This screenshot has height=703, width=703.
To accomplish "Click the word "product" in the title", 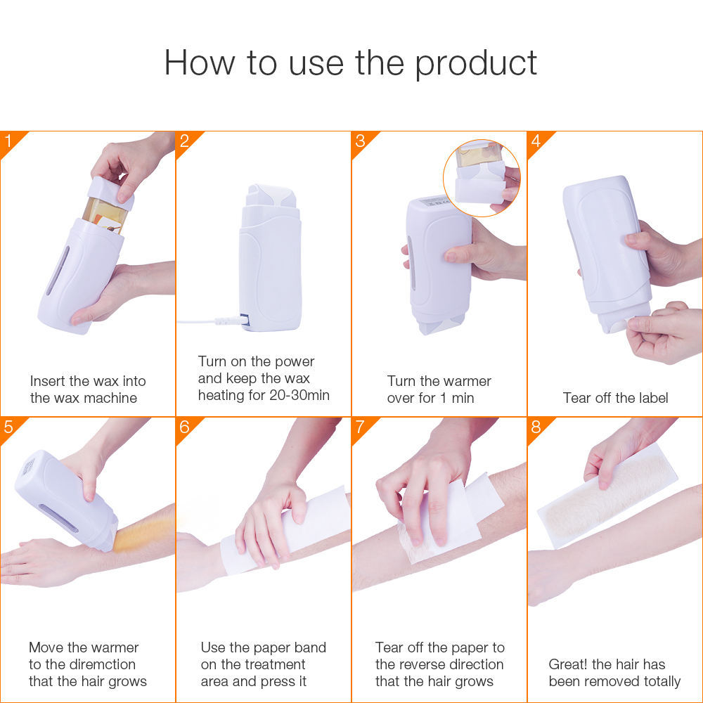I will (x=476, y=63).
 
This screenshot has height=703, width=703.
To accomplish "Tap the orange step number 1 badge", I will (x=9, y=141).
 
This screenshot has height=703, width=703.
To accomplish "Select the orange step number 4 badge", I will (x=536, y=141).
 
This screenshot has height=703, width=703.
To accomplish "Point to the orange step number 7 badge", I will (x=361, y=427).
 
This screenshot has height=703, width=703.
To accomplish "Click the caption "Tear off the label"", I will (x=615, y=398).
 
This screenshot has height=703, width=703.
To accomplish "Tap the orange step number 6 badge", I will (x=185, y=427).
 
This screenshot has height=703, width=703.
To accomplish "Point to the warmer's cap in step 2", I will (x=271, y=197).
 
